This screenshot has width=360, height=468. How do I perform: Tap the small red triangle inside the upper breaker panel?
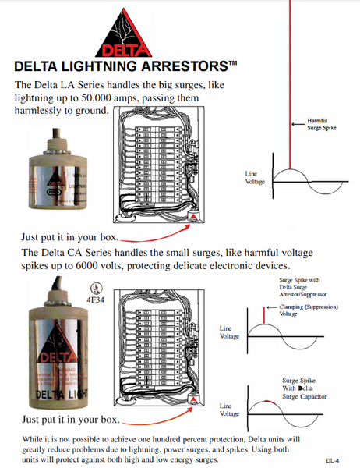click(194, 218)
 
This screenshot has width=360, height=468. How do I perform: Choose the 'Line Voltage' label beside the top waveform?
click(255, 178)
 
